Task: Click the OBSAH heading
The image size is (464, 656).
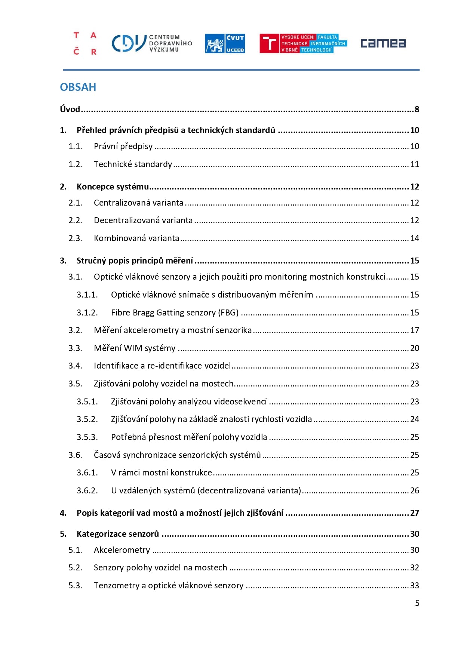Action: (x=78, y=87)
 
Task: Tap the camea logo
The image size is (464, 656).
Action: (x=383, y=43)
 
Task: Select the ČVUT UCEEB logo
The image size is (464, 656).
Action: (x=225, y=43)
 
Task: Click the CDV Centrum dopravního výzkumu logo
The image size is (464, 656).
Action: (x=151, y=43)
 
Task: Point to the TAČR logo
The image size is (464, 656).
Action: (x=85, y=43)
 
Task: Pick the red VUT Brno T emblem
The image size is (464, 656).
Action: (x=269, y=43)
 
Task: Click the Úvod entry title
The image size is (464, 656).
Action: (x=70, y=109)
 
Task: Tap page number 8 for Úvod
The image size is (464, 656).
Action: (x=417, y=109)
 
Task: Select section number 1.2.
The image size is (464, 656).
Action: (x=75, y=164)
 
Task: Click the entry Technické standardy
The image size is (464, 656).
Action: (x=133, y=164)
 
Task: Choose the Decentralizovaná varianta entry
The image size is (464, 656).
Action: (x=143, y=220)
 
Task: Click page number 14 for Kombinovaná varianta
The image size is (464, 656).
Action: (x=415, y=238)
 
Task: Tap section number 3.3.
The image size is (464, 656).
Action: (x=75, y=348)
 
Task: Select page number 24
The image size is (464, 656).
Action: (x=415, y=419)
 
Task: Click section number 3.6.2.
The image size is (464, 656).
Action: (x=87, y=490)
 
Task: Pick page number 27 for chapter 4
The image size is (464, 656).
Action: (x=415, y=513)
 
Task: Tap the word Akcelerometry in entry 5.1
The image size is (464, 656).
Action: (x=122, y=550)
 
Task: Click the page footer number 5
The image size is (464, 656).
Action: (x=417, y=603)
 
